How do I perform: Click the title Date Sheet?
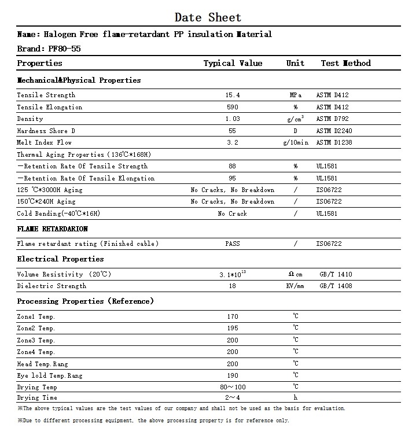click(208, 17)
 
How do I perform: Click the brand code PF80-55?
click(65, 49)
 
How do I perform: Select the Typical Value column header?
click(233, 63)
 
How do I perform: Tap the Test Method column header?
click(345, 63)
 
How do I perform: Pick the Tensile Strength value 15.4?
click(233, 95)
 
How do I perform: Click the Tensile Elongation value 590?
click(233, 107)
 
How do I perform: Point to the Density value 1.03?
click(233, 119)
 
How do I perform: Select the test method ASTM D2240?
click(334, 131)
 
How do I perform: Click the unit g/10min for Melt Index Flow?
click(295, 142)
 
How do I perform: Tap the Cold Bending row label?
click(58, 213)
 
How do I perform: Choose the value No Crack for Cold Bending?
click(233, 213)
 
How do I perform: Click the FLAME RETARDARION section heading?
click(52, 228)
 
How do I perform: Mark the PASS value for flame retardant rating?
click(233, 244)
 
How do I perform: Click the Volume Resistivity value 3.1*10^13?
click(233, 274)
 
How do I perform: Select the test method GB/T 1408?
click(336, 286)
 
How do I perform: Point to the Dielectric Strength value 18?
click(233, 286)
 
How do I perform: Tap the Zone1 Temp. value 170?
click(233, 316)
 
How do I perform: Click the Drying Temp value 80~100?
click(233, 387)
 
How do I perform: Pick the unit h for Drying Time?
click(295, 397)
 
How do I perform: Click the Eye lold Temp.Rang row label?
click(50, 375)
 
